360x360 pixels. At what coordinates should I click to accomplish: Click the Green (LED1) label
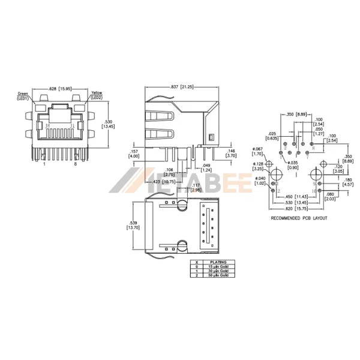[23, 95]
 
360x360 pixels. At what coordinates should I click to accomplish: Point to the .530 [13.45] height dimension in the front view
[109, 124]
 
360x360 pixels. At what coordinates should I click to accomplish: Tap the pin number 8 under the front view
[76, 163]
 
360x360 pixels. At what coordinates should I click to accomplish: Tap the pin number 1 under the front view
[43, 163]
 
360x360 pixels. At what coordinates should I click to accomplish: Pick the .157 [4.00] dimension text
[134, 154]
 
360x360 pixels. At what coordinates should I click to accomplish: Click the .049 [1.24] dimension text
[206, 167]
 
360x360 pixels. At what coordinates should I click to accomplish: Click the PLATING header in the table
[217, 262]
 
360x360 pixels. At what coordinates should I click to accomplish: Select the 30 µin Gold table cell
[217, 271]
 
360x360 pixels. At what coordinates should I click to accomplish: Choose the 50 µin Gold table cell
[217, 276]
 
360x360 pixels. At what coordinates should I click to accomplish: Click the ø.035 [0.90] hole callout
[293, 165]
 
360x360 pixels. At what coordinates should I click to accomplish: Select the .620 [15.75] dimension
[295, 208]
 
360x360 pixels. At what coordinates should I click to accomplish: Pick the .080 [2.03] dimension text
[347, 197]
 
